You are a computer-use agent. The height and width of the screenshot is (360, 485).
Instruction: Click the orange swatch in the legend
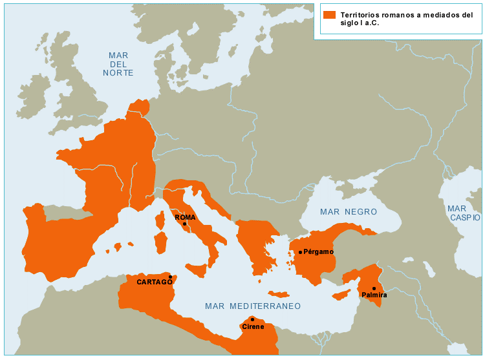[x=329, y=15]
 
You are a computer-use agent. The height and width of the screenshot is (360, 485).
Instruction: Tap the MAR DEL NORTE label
[x=118, y=65]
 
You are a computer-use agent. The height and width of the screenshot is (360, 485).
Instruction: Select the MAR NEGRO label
[x=349, y=212]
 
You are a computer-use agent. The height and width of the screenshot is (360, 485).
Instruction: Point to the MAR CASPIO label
[x=464, y=213]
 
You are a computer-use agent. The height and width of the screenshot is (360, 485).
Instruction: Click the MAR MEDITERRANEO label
[x=253, y=306]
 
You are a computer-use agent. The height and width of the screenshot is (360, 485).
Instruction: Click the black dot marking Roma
[x=184, y=224]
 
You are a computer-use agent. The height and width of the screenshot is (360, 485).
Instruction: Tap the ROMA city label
[x=185, y=217]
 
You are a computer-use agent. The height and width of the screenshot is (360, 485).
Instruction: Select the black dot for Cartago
[x=170, y=277]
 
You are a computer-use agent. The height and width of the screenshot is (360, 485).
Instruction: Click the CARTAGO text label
[x=155, y=282]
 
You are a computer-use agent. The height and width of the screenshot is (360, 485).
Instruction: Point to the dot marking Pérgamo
[x=300, y=252]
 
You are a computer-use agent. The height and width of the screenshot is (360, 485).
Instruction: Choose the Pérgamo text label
[x=318, y=252]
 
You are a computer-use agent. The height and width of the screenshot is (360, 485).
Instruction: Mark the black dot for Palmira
[x=374, y=288]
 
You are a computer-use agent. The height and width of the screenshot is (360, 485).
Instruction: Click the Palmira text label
[x=374, y=295]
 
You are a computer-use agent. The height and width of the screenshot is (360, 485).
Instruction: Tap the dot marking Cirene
[x=252, y=319]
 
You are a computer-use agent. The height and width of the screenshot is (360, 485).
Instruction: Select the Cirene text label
[x=253, y=327]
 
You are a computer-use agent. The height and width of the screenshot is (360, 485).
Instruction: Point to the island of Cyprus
[x=341, y=295]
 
